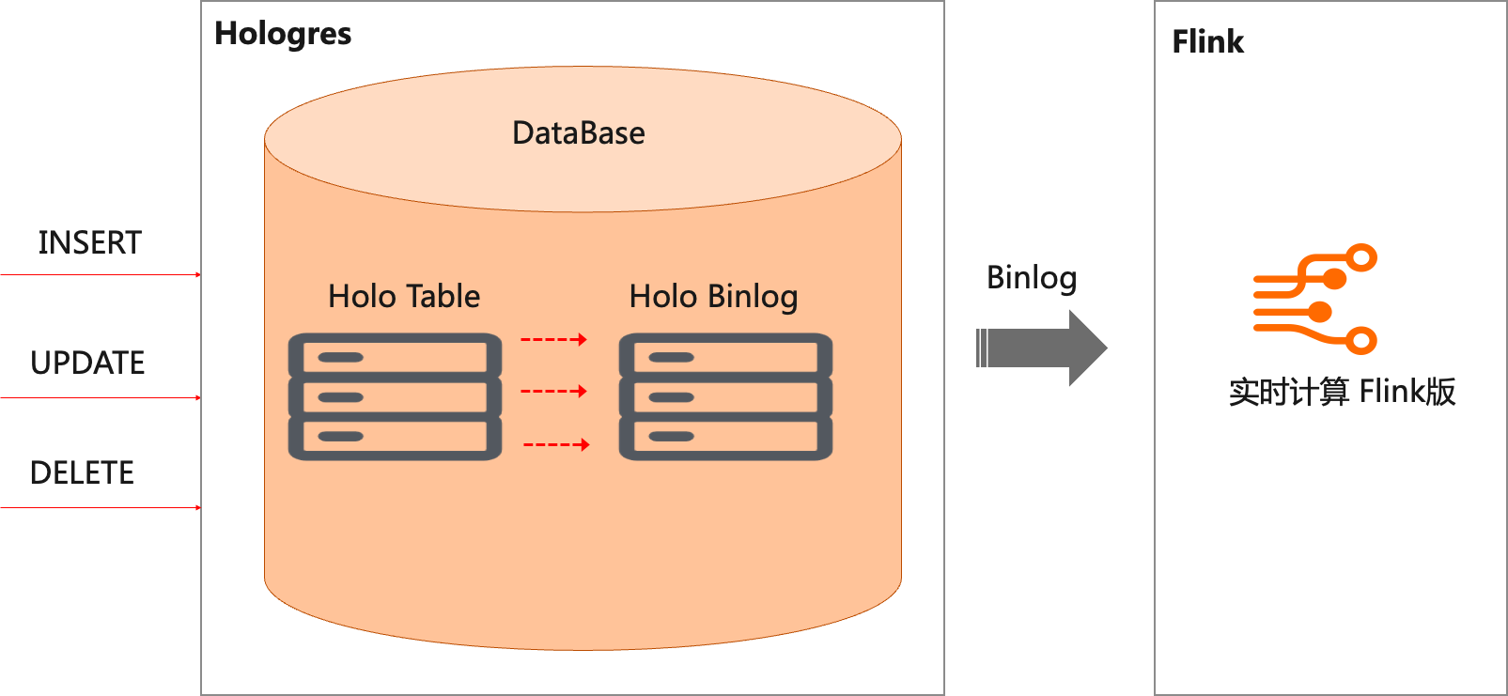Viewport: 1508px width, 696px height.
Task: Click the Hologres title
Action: click(x=283, y=35)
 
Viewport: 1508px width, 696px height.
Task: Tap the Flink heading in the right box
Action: click(x=1207, y=41)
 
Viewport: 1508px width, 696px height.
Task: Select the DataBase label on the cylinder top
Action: click(x=579, y=132)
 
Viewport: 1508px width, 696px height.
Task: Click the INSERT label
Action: click(x=89, y=242)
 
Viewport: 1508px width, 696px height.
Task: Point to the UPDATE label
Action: click(x=87, y=363)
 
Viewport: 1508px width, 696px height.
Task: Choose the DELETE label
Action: click(x=82, y=472)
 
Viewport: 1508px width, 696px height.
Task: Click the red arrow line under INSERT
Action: click(x=101, y=274)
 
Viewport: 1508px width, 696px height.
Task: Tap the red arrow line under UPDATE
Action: click(x=101, y=398)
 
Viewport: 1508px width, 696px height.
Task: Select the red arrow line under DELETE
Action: click(x=101, y=507)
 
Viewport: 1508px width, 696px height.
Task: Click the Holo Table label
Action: click(x=404, y=296)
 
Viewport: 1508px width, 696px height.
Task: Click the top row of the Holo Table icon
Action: click(x=396, y=356)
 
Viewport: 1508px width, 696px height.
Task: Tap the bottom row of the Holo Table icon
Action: click(x=396, y=438)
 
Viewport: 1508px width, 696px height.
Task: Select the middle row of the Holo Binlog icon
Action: click(x=725, y=397)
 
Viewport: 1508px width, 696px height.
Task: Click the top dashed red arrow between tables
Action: click(x=554, y=339)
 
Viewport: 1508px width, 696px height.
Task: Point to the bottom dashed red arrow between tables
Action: click(x=557, y=444)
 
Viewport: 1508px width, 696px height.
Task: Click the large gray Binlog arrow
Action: click(x=1041, y=348)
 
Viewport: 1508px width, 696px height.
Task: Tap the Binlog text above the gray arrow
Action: click(x=1032, y=278)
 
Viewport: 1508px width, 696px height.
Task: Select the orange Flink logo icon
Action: click(x=1314, y=299)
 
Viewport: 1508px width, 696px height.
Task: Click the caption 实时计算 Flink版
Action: click(x=1343, y=392)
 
